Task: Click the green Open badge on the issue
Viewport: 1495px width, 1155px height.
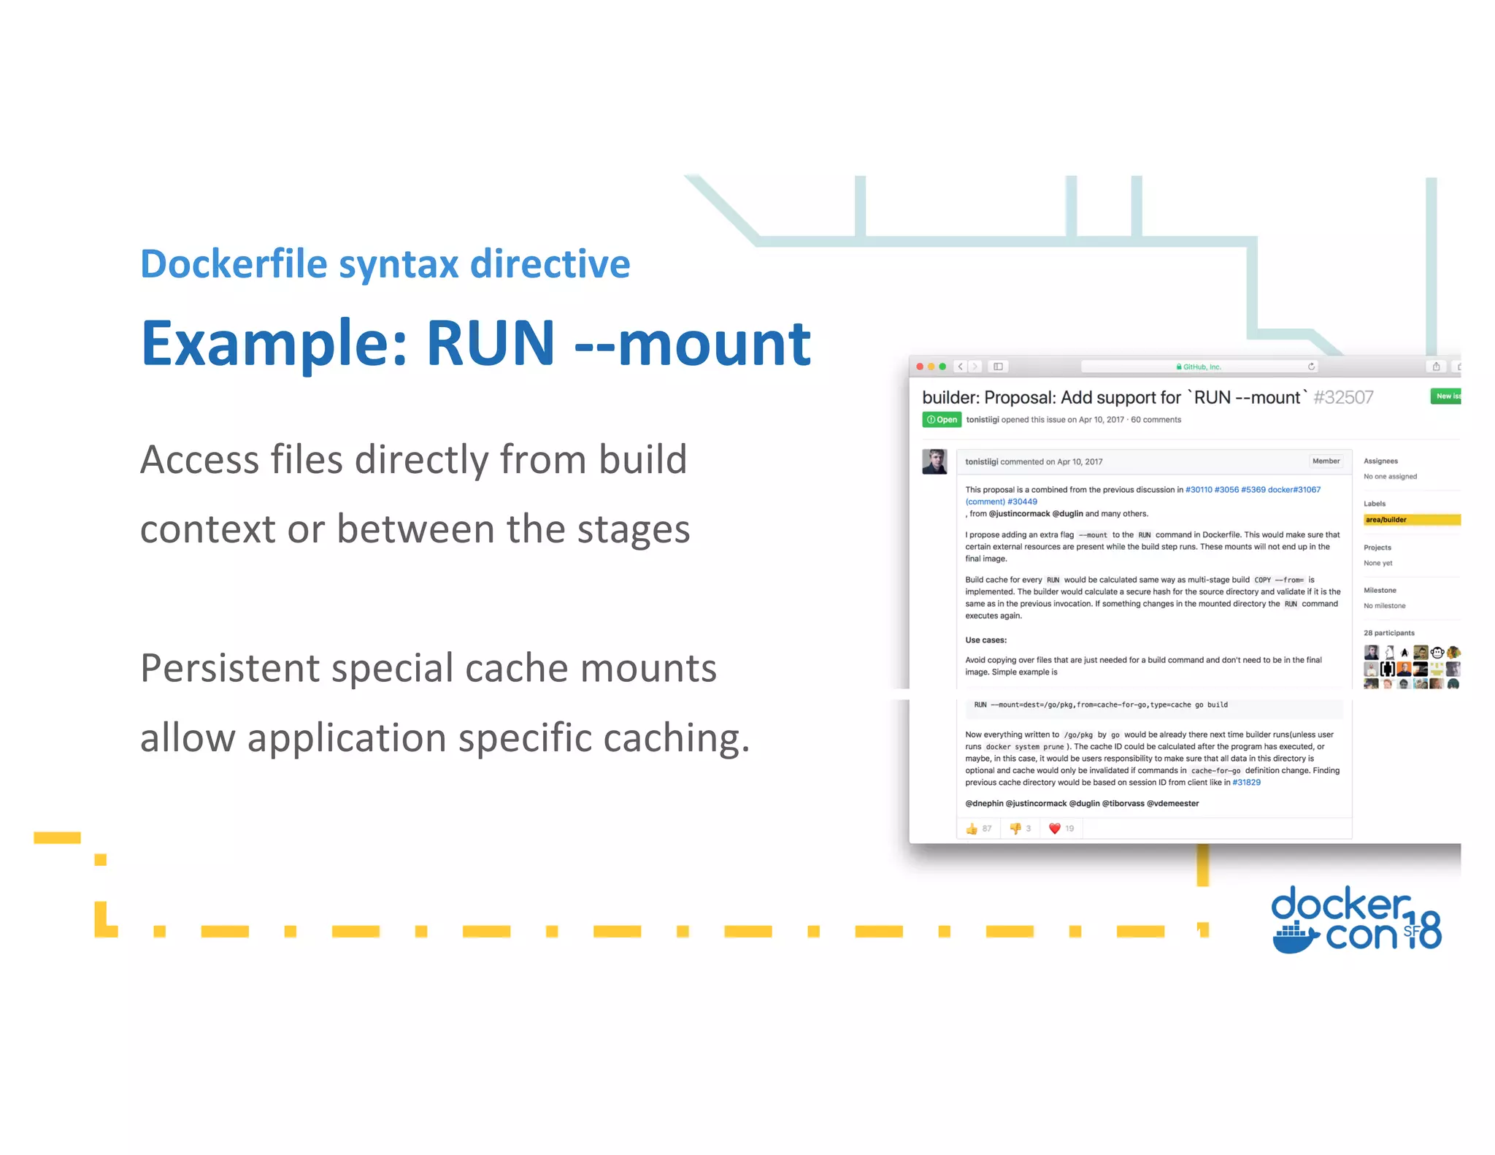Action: (x=942, y=420)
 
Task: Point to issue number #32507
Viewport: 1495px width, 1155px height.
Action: (x=1343, y=398)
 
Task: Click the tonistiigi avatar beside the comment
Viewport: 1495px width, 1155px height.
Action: (x=934, y=462)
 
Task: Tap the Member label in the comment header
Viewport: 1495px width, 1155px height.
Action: (x=1326, y=461)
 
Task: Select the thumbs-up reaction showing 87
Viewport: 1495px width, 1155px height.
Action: (x=978, y=829)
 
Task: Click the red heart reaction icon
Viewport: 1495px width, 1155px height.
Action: (x=1054, y=829)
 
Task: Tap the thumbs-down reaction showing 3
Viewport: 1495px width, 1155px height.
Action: (x=1019, y=829)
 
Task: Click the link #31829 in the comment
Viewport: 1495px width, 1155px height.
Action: (x=1246, y=783)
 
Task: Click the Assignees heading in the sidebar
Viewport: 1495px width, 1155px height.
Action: (x=1380, y=461)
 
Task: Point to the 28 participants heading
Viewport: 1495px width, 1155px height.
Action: (x=1388, y=633)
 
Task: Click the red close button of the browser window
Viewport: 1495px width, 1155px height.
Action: (x=920, y=367)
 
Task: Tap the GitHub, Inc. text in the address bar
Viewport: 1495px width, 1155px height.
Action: (x=1202, y=367)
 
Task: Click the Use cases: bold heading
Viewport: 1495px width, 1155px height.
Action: (x=985, y=640)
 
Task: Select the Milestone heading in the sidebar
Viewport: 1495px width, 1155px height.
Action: (x=1380, y=591)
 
